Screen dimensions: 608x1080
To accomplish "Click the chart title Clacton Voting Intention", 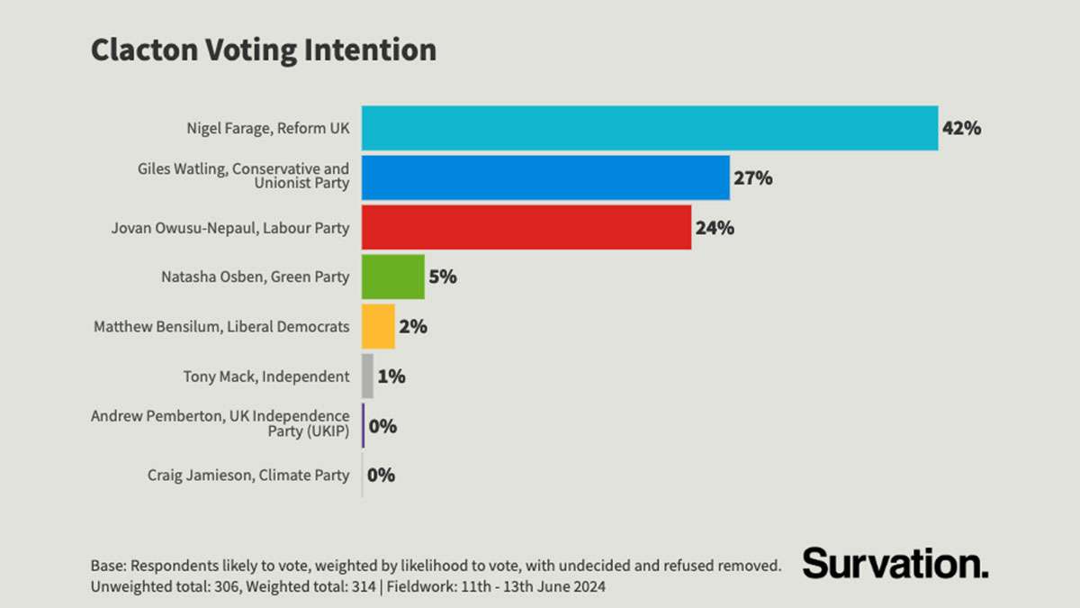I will pos(263,50).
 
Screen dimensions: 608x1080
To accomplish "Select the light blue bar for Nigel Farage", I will pos(649,128).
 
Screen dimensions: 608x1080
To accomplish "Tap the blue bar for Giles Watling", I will pos(545,177).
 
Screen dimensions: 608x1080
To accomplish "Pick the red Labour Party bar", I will pos(526,227).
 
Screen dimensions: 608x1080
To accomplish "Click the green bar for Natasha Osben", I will pos(392,277).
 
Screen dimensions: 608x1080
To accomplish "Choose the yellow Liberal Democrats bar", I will pos(378,326).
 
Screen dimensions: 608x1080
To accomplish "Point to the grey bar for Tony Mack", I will pos(367,376).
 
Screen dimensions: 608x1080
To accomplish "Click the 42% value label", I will pos(960,128).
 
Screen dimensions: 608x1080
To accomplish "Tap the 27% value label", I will pos(752,177).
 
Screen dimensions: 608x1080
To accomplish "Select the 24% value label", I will pos(715,227).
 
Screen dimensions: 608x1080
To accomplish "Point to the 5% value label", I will pos(442,277).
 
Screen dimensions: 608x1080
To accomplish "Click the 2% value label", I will pos(412,326).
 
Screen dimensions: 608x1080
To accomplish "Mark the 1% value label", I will pos(391,376).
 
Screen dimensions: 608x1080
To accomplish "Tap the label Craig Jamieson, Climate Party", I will pos(247,475).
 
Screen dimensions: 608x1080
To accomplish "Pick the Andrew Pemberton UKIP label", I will pos(220,424).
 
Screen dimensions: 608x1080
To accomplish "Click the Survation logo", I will pos(895,563).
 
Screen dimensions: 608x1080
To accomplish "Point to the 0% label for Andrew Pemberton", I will pos(382,426).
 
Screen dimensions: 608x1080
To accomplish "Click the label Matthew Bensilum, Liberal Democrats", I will pos(221,327).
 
